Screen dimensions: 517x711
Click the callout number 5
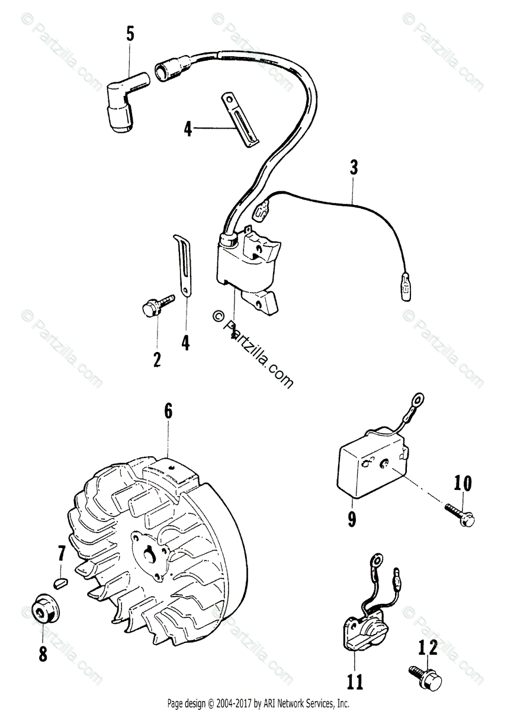(x=130, y=34)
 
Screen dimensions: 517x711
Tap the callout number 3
(x=354, y=167)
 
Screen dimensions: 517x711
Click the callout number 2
(x=157, y=359)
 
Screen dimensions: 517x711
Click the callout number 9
(x=352, y=519)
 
